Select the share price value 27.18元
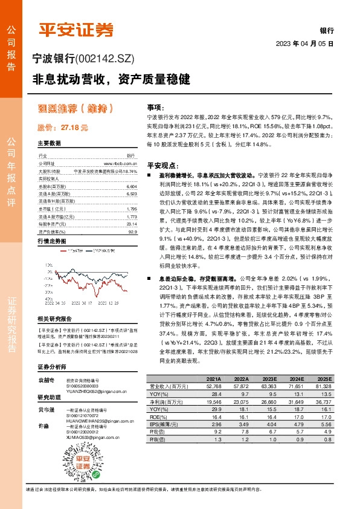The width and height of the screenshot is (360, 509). point(75,128)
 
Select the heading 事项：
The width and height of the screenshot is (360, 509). point(156,105)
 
